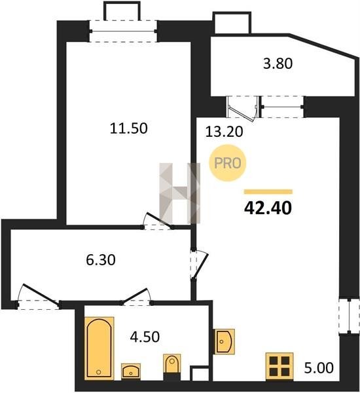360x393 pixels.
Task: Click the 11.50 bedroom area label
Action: (129, 128)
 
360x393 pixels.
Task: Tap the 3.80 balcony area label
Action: (278, 64)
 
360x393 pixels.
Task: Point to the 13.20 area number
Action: (224, 132)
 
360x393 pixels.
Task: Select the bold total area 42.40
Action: (268, 208)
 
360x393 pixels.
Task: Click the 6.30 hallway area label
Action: (101, 259)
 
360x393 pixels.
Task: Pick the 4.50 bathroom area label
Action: (145, 337)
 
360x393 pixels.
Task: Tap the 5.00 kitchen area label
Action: (319, 367)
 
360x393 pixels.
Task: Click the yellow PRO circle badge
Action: (228, 163)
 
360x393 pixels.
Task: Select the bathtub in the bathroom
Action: (99, 348)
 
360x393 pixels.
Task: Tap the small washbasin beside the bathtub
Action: (131, 371)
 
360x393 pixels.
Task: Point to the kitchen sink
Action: (225, 341)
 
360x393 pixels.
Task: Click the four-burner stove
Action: (279, 366)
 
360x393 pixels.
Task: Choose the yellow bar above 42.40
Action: (268, 192)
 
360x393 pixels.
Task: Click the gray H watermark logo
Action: (180, 193)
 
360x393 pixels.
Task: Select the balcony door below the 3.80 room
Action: (243, 107)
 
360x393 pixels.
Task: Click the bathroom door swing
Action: (137, 297)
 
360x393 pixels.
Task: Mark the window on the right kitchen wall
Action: (350, 316)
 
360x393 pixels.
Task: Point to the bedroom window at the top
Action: (123, 31)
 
